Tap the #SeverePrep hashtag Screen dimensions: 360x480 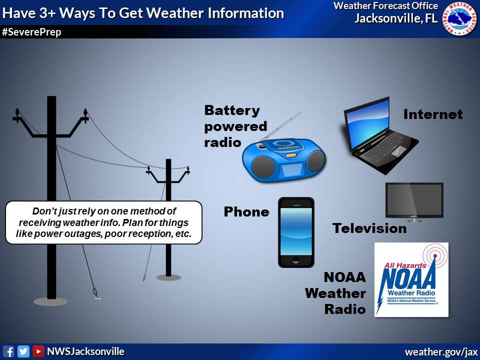[31, 32]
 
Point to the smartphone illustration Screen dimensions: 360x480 [296, 232]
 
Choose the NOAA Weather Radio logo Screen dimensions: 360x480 [411, 279]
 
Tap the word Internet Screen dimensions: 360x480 [433, 114]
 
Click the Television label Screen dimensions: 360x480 [369, 228]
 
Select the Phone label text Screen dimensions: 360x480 [246, 212]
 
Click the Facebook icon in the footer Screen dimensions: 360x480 [8, 351]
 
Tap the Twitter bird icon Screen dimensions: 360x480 [23, 351]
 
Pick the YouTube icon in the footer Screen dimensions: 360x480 [38, 351]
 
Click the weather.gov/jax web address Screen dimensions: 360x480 [441, 352]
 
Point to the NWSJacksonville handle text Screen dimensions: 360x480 [85, 351]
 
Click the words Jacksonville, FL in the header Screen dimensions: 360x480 [396, 19]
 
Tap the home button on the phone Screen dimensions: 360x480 [296, 260]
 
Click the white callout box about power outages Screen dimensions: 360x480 [104, 222]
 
